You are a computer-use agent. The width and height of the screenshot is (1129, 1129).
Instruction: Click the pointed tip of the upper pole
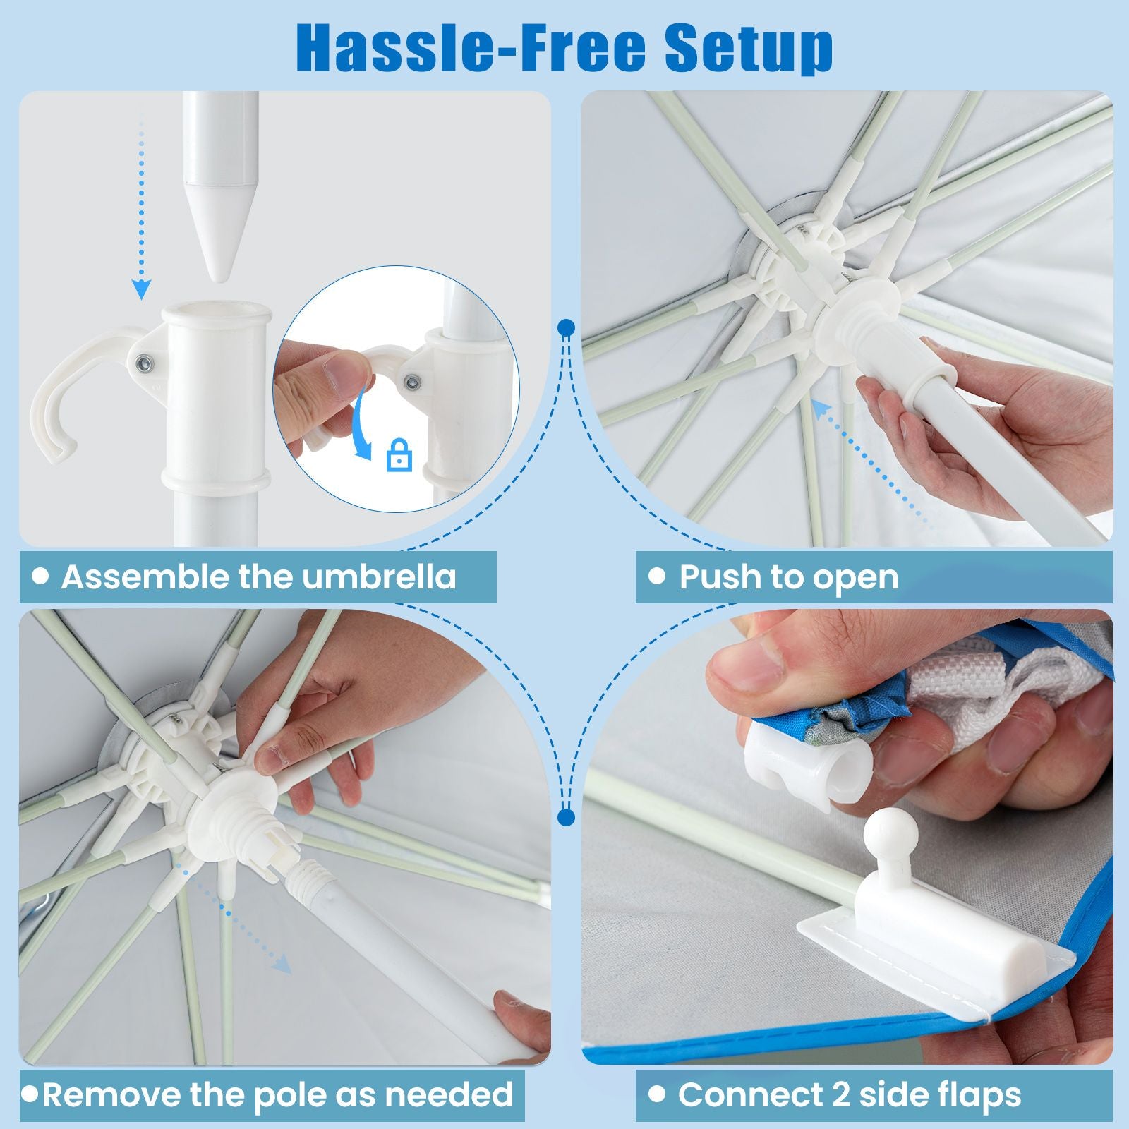point(221,279)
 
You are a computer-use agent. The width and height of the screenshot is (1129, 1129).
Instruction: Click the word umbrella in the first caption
point(380,576)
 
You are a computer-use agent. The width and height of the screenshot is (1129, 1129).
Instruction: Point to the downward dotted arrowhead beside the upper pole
point(142,289)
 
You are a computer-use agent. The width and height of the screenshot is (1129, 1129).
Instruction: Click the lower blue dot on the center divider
point(566,817)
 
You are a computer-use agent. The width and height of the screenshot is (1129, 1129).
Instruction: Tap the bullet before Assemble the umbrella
point(41,576)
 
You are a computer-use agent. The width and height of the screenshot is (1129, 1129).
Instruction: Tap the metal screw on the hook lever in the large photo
point(144,363)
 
